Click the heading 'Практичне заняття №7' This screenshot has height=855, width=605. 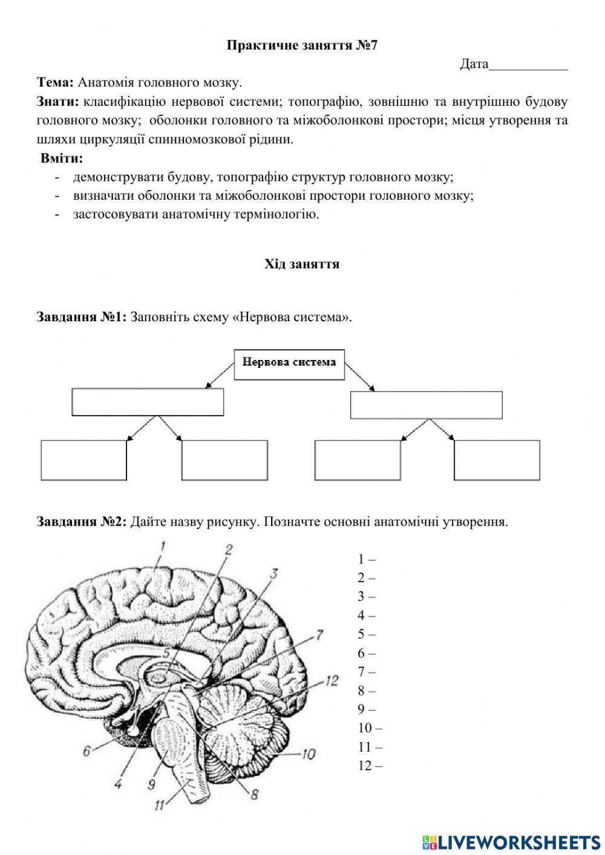302,45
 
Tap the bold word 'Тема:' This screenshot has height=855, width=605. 55,82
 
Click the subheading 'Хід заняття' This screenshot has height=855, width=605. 302,264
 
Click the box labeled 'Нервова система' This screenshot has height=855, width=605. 289,364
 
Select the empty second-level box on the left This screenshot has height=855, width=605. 148,402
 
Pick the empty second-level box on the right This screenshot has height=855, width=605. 426,405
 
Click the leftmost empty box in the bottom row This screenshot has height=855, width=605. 83,460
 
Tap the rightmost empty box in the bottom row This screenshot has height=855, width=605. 497,460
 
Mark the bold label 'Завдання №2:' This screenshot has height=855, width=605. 81,522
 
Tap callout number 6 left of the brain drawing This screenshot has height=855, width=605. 87,751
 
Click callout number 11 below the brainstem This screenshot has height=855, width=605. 159,805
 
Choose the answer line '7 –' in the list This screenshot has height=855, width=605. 367,672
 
